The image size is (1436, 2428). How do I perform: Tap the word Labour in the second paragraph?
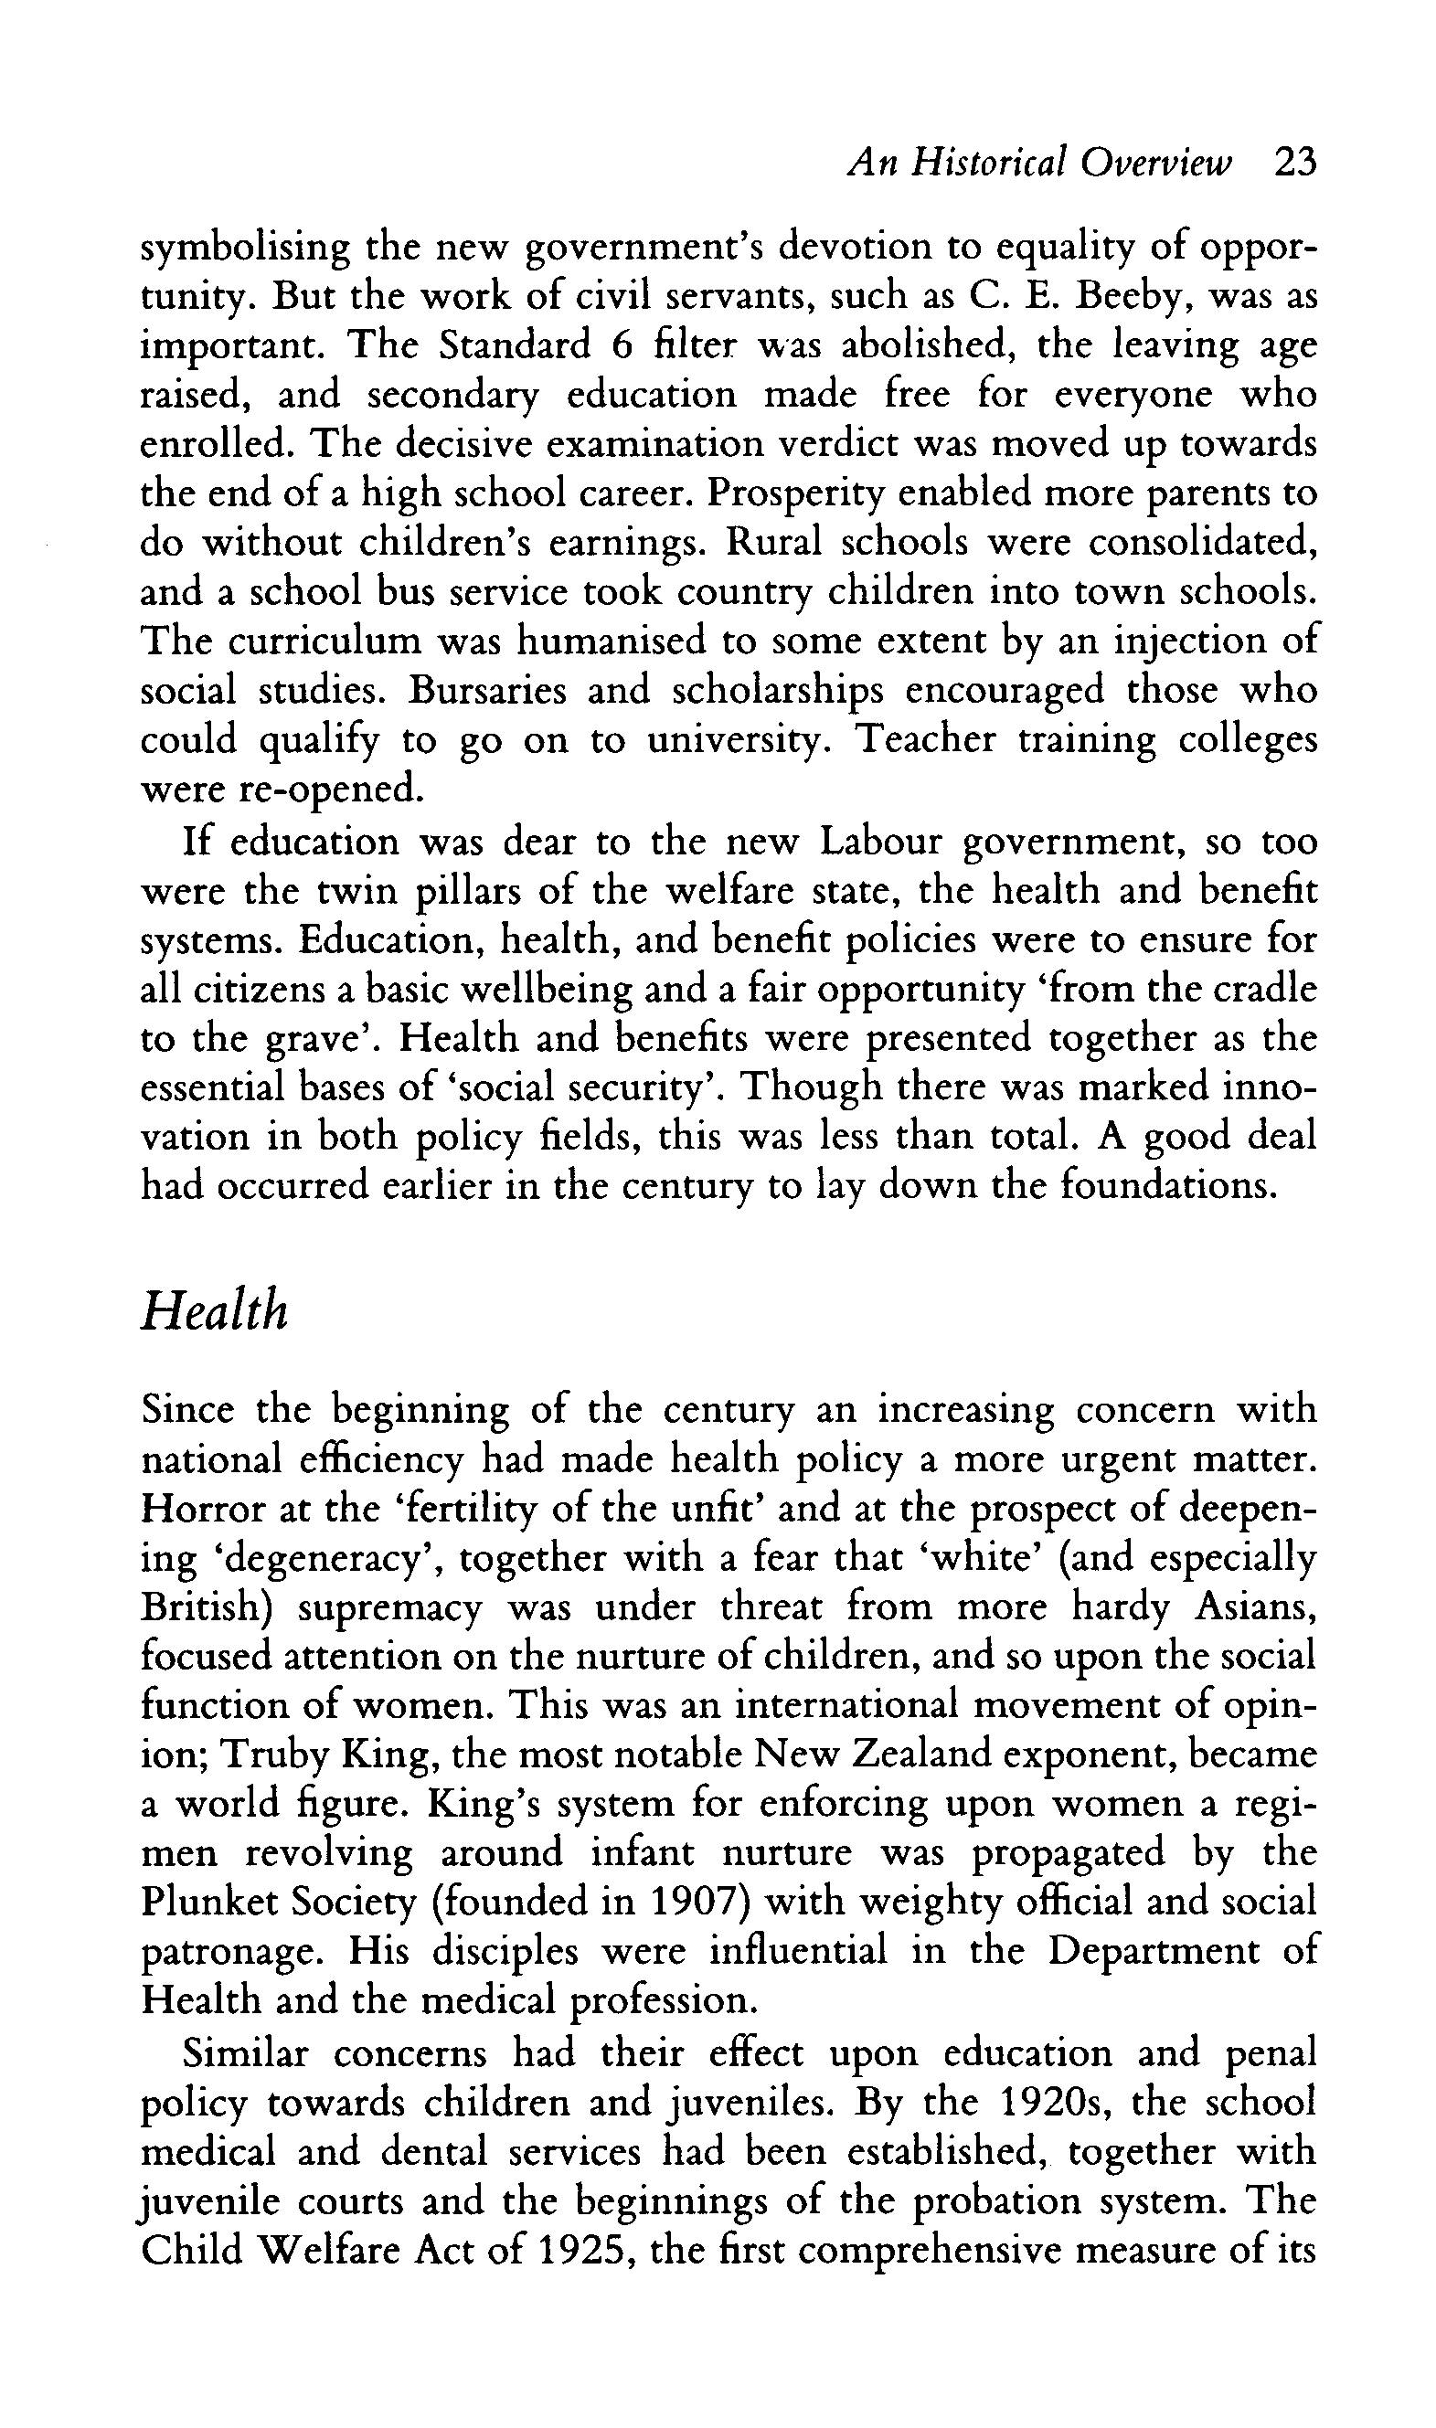[879, 842]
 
